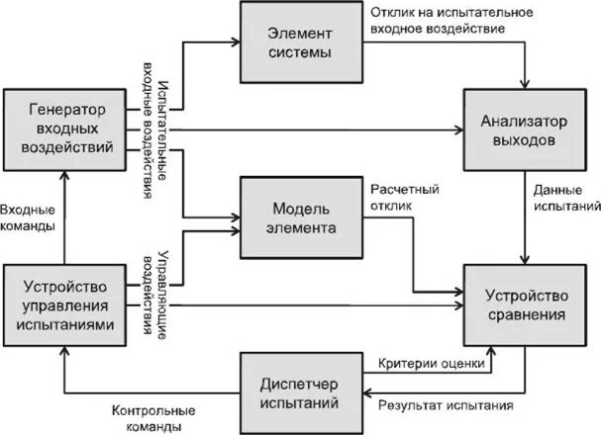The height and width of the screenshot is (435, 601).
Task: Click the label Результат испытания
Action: point(446,404)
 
